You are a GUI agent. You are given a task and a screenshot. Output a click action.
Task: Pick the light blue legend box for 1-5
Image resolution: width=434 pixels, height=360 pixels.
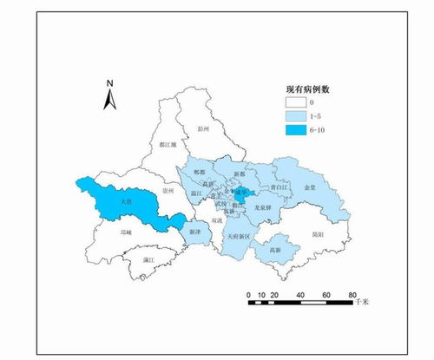(298, 116)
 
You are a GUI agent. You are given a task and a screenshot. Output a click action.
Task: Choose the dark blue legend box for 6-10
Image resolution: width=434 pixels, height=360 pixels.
(298, 130)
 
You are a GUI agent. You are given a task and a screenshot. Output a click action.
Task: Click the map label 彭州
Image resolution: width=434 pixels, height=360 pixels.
(205, 128)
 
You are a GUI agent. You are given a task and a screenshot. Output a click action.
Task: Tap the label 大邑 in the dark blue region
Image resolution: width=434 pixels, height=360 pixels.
(128, 201)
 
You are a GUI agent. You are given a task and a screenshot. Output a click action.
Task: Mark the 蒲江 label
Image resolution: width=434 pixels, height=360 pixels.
(148, 259)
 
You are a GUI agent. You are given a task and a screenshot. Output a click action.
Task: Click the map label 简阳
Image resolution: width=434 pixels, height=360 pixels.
(318, 234)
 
